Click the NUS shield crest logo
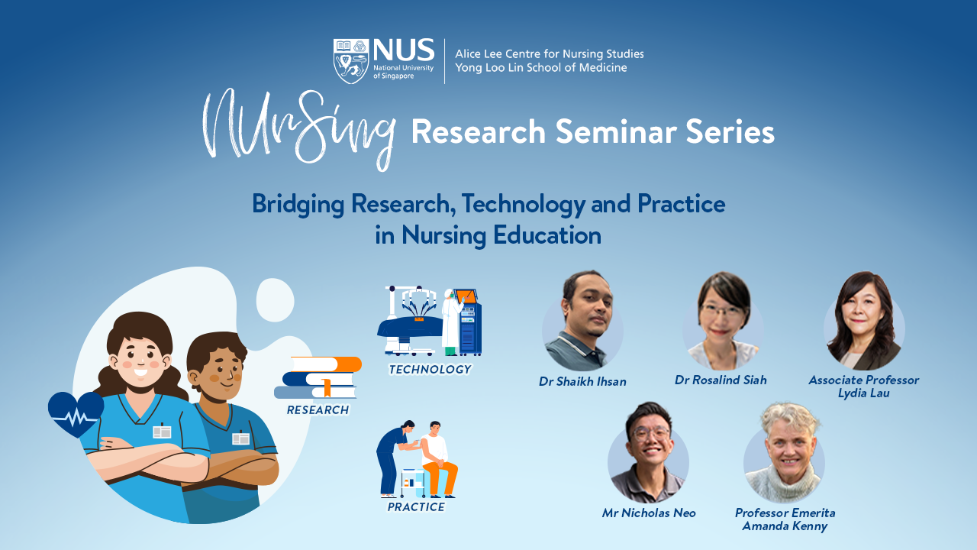352,61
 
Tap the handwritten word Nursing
300,128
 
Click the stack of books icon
318,377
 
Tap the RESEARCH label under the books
318,410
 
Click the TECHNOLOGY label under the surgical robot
430,370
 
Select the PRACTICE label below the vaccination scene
416,507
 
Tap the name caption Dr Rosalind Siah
721,380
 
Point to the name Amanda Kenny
785,526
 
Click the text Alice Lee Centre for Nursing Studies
549,54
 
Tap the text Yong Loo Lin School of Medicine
540,68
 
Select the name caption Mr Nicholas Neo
649,513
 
